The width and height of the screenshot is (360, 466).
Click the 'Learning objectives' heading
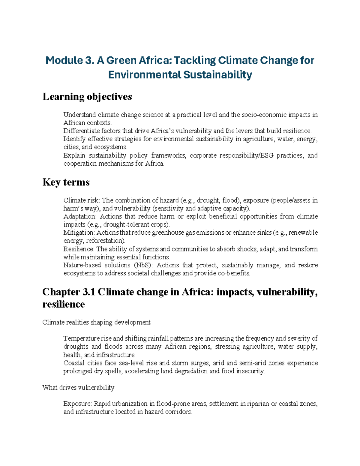point(87,97)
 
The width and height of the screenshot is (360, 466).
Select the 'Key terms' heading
point(66,182)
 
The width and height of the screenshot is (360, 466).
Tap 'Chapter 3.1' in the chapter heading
point(68,292)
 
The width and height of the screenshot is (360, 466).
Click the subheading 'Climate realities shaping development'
point(96,322)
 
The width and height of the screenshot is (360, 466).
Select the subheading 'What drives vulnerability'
point(78,387)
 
